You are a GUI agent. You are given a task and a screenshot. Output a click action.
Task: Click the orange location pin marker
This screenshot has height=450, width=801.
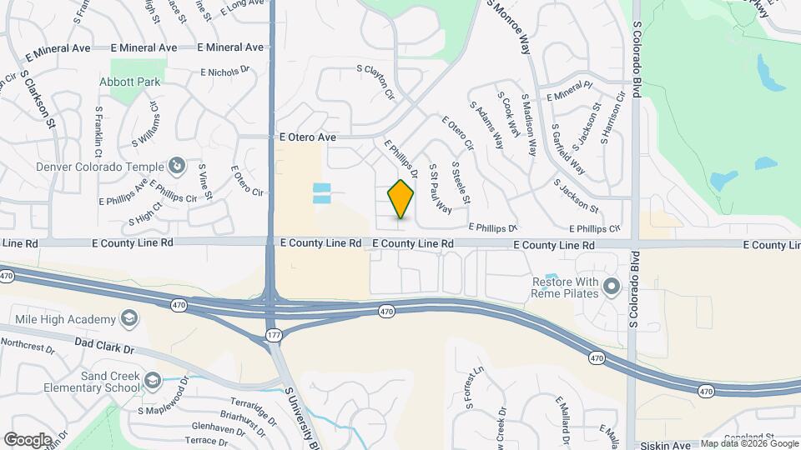coord(400,199)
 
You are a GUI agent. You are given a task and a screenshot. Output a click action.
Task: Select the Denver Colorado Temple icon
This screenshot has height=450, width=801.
coord(176,166)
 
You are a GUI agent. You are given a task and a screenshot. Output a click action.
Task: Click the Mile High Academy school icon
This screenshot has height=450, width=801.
coord(129,319)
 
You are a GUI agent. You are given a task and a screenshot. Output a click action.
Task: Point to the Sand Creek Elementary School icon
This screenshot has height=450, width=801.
coord(153,381)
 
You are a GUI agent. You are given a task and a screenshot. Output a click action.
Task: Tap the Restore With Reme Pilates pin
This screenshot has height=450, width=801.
coord(612,287)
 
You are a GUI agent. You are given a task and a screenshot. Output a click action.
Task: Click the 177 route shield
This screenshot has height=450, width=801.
coord(274,334)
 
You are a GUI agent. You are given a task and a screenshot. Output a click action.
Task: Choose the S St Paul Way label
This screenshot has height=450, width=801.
coord(440,187)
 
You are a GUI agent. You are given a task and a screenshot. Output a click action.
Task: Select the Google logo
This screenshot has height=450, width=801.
coord(28,439)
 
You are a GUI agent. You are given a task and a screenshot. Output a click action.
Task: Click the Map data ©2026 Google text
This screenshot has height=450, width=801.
coord(748,444)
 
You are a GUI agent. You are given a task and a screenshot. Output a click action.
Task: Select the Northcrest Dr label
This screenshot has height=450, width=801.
coord(27,343)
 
